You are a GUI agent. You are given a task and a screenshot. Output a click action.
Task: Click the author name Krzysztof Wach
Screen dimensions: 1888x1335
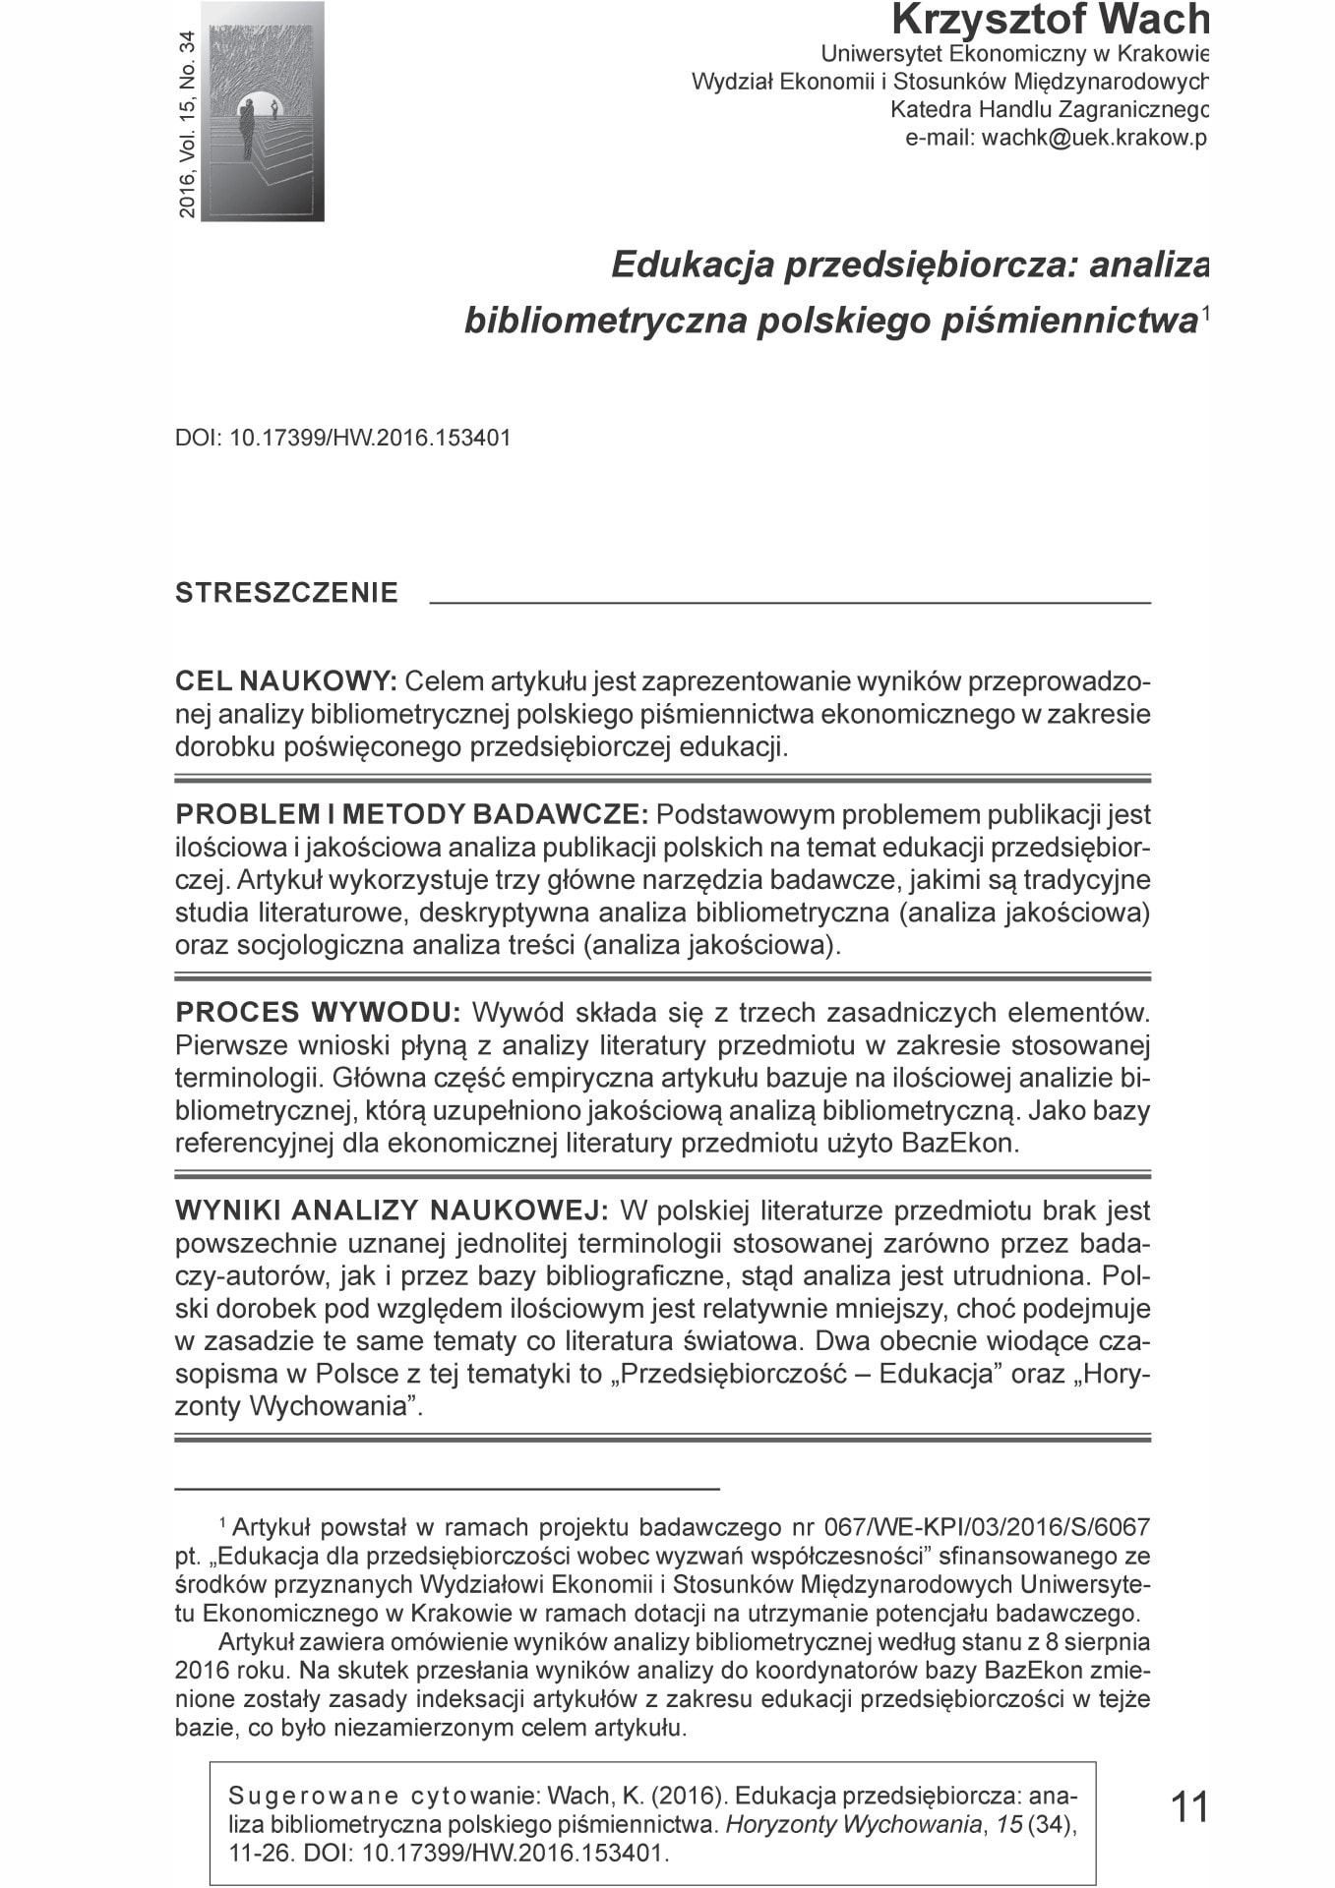tap(1049, 20)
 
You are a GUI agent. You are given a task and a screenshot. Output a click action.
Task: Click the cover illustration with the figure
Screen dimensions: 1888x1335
tap(263, 111)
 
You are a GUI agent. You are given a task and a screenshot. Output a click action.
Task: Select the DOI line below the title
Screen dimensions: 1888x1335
tap(343, 438)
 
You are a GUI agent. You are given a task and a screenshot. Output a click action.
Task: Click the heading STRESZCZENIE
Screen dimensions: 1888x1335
tap(286, 593)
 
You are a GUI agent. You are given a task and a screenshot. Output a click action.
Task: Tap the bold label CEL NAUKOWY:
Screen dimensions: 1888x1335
tap(285, 681)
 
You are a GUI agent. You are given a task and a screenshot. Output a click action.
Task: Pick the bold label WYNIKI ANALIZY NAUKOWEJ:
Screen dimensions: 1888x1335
tap(393, 1210)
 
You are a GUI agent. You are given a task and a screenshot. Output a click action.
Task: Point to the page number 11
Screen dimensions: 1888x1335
tap(1188, 1807)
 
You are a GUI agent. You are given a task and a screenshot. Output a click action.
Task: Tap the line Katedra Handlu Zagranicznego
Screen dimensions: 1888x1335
tap(1048, 110)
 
